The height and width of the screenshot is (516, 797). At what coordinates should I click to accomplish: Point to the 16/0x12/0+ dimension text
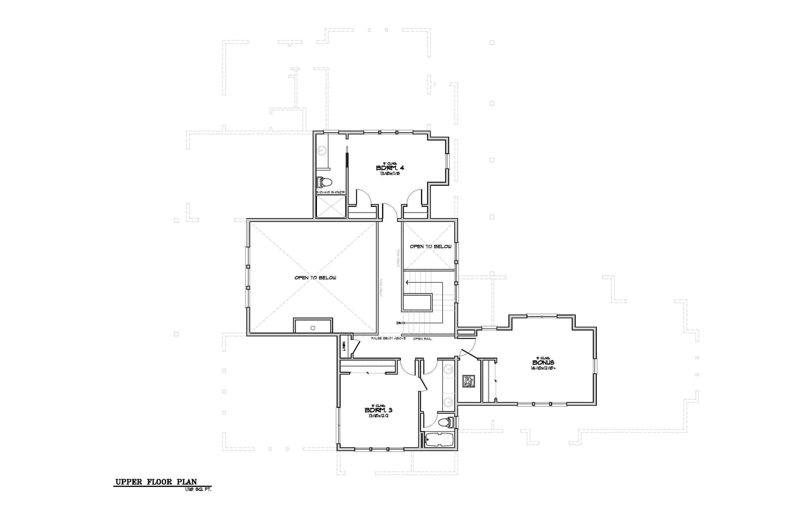coord(543,368)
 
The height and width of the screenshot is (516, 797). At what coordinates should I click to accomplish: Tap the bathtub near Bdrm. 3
coord(439,439)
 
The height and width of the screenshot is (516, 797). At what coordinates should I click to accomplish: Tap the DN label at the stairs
coord(400,323)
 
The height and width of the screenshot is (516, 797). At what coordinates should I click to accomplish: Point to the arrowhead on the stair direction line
coord(407,282)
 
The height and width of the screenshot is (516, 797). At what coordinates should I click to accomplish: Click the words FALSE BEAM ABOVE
coord(388,338)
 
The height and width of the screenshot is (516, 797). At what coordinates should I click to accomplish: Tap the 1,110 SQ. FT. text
coord(198,489)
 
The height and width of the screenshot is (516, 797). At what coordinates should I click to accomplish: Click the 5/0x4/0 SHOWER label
coord(330,192)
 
